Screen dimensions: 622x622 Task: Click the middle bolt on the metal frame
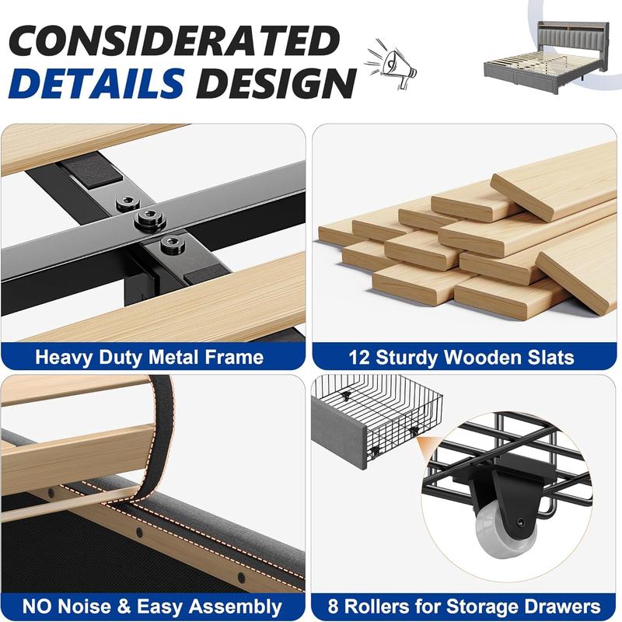(x=147, y=220)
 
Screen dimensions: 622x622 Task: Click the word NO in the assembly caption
(x=39, y=606)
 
